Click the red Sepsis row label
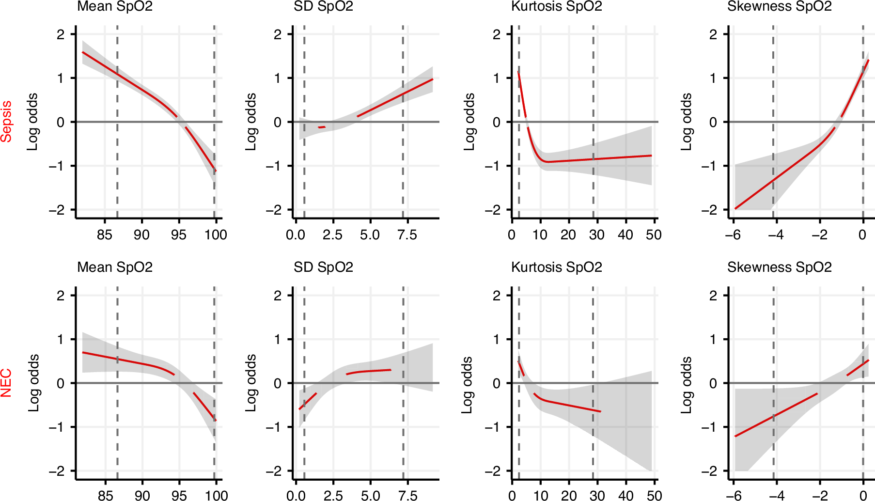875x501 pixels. [6, 121]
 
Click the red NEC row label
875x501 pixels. [6, 383]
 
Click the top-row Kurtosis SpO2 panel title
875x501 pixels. [556, 6]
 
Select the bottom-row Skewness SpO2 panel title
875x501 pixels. [779, 267]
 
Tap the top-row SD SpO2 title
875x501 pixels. [323, 6]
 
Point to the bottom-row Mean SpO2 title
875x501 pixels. [115, 267]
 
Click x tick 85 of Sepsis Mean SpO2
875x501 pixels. [105, 235]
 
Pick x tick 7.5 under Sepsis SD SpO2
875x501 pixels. [407, 235]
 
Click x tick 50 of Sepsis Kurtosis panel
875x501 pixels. [654, 235]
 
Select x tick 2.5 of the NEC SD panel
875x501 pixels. [333, 495]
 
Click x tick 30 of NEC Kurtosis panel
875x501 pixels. [597, 495]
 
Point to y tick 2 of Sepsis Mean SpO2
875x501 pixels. [61, 34]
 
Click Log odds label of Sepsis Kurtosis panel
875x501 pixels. [469, 122]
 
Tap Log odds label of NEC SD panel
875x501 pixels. [250, 383]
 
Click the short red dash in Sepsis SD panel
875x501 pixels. [321, 127]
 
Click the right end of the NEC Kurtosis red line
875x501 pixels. [600, 411]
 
